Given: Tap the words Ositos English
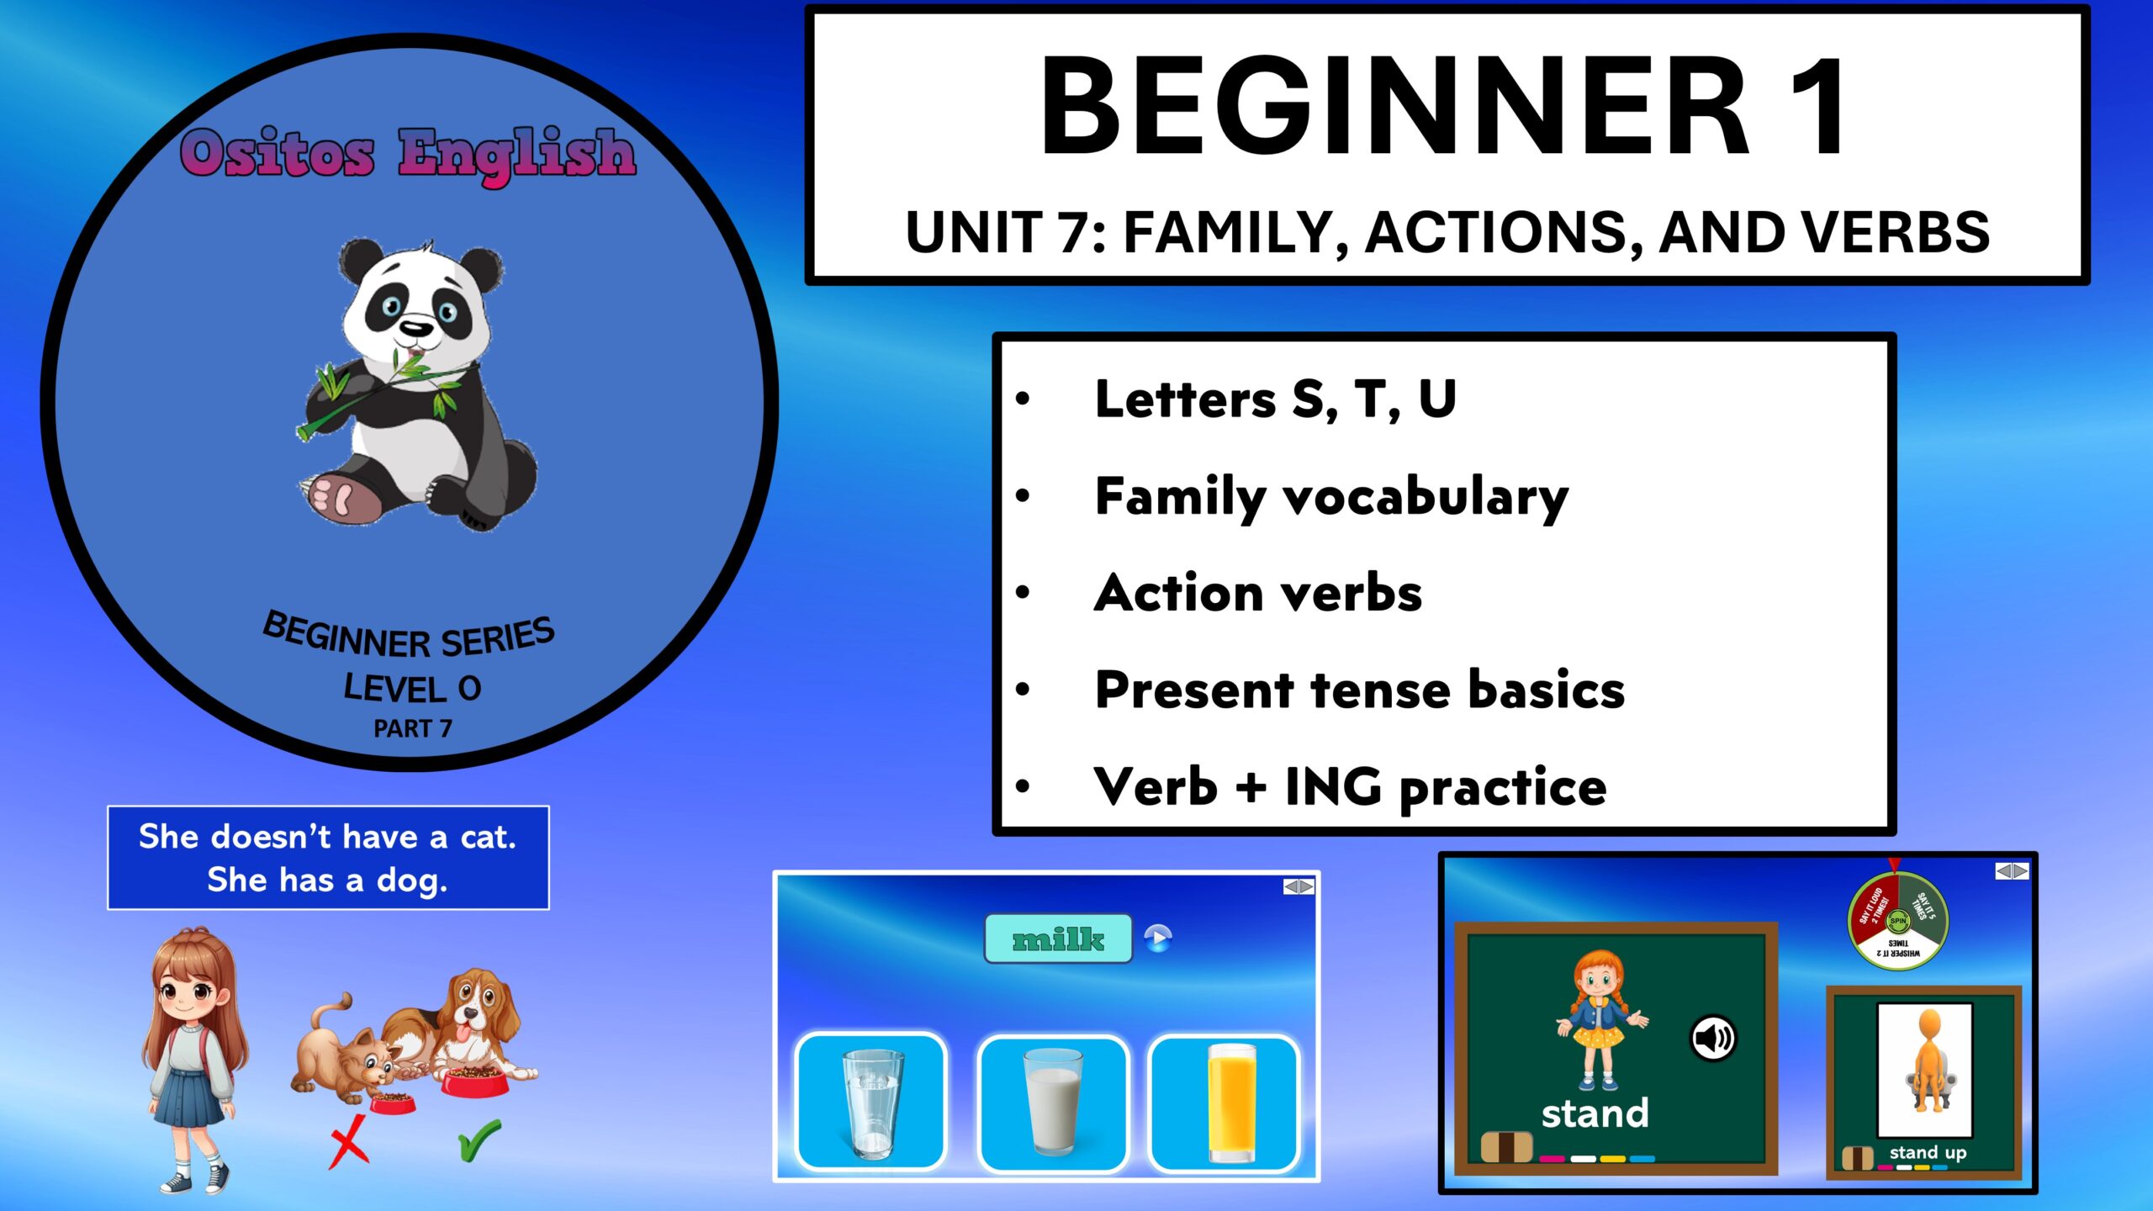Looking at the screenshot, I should point(408,153).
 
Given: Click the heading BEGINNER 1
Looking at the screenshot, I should point(1443,106).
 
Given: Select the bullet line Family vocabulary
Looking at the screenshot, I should point(1331,496).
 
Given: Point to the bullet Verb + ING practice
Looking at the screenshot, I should point(1350,787).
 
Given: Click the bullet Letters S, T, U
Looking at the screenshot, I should point(1275,399).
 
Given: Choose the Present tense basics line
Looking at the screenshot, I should point(1359,690).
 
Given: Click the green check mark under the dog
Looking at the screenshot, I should point(479,1140).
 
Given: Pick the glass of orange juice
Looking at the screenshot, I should point(1231,1102).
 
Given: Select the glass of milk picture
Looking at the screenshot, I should point(1053,1102).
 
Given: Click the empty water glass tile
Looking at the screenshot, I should point(871,1102).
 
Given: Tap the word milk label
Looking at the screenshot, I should point(1058,939).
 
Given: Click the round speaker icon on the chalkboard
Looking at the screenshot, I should point(1712,1039).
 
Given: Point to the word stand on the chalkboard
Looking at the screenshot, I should point(1595,1113).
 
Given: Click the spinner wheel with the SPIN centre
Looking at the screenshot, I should point(1898,922).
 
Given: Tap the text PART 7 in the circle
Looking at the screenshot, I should point(412,728).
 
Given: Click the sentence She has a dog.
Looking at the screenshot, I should point(328,880).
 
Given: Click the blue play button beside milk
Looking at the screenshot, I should point(1158,938).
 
